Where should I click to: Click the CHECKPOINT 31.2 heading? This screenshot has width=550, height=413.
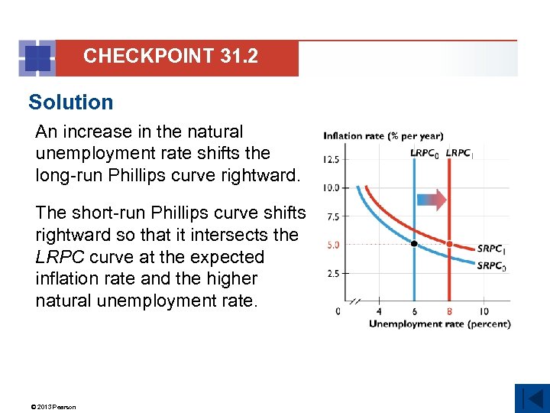tap(170, 56)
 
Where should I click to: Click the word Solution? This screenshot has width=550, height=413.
tap(70, 102)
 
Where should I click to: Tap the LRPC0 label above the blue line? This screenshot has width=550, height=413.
tap(425, 153)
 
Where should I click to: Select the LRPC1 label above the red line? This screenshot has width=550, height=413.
tap(459, 153)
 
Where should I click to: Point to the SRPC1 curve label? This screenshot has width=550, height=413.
tap(490, 249)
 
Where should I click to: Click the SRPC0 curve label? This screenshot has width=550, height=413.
tap(490, 266)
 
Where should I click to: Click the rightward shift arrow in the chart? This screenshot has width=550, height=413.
tap(432, 200)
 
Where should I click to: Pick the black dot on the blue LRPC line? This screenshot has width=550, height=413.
tap(414, 243)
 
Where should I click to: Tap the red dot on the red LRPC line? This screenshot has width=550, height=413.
tap(449, 244)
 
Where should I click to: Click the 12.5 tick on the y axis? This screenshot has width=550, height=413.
tap(331, 160)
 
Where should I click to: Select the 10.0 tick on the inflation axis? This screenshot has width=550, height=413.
tap(331, 188)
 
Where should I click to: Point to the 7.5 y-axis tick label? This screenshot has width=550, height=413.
tap(333, 217)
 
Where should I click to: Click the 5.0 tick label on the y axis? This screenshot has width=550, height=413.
tap(333, 245)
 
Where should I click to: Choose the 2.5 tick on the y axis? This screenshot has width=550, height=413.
tap(333, 273)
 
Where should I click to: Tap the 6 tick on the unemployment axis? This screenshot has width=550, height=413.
tap(414, 311)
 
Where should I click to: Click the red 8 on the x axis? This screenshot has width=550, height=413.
tap(449, 311)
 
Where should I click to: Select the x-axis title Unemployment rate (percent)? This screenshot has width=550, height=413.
tap(439, 324)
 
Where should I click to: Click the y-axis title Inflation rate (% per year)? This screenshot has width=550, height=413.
tap(383, 136)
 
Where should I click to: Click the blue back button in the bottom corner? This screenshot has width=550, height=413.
tap(532, 398)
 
